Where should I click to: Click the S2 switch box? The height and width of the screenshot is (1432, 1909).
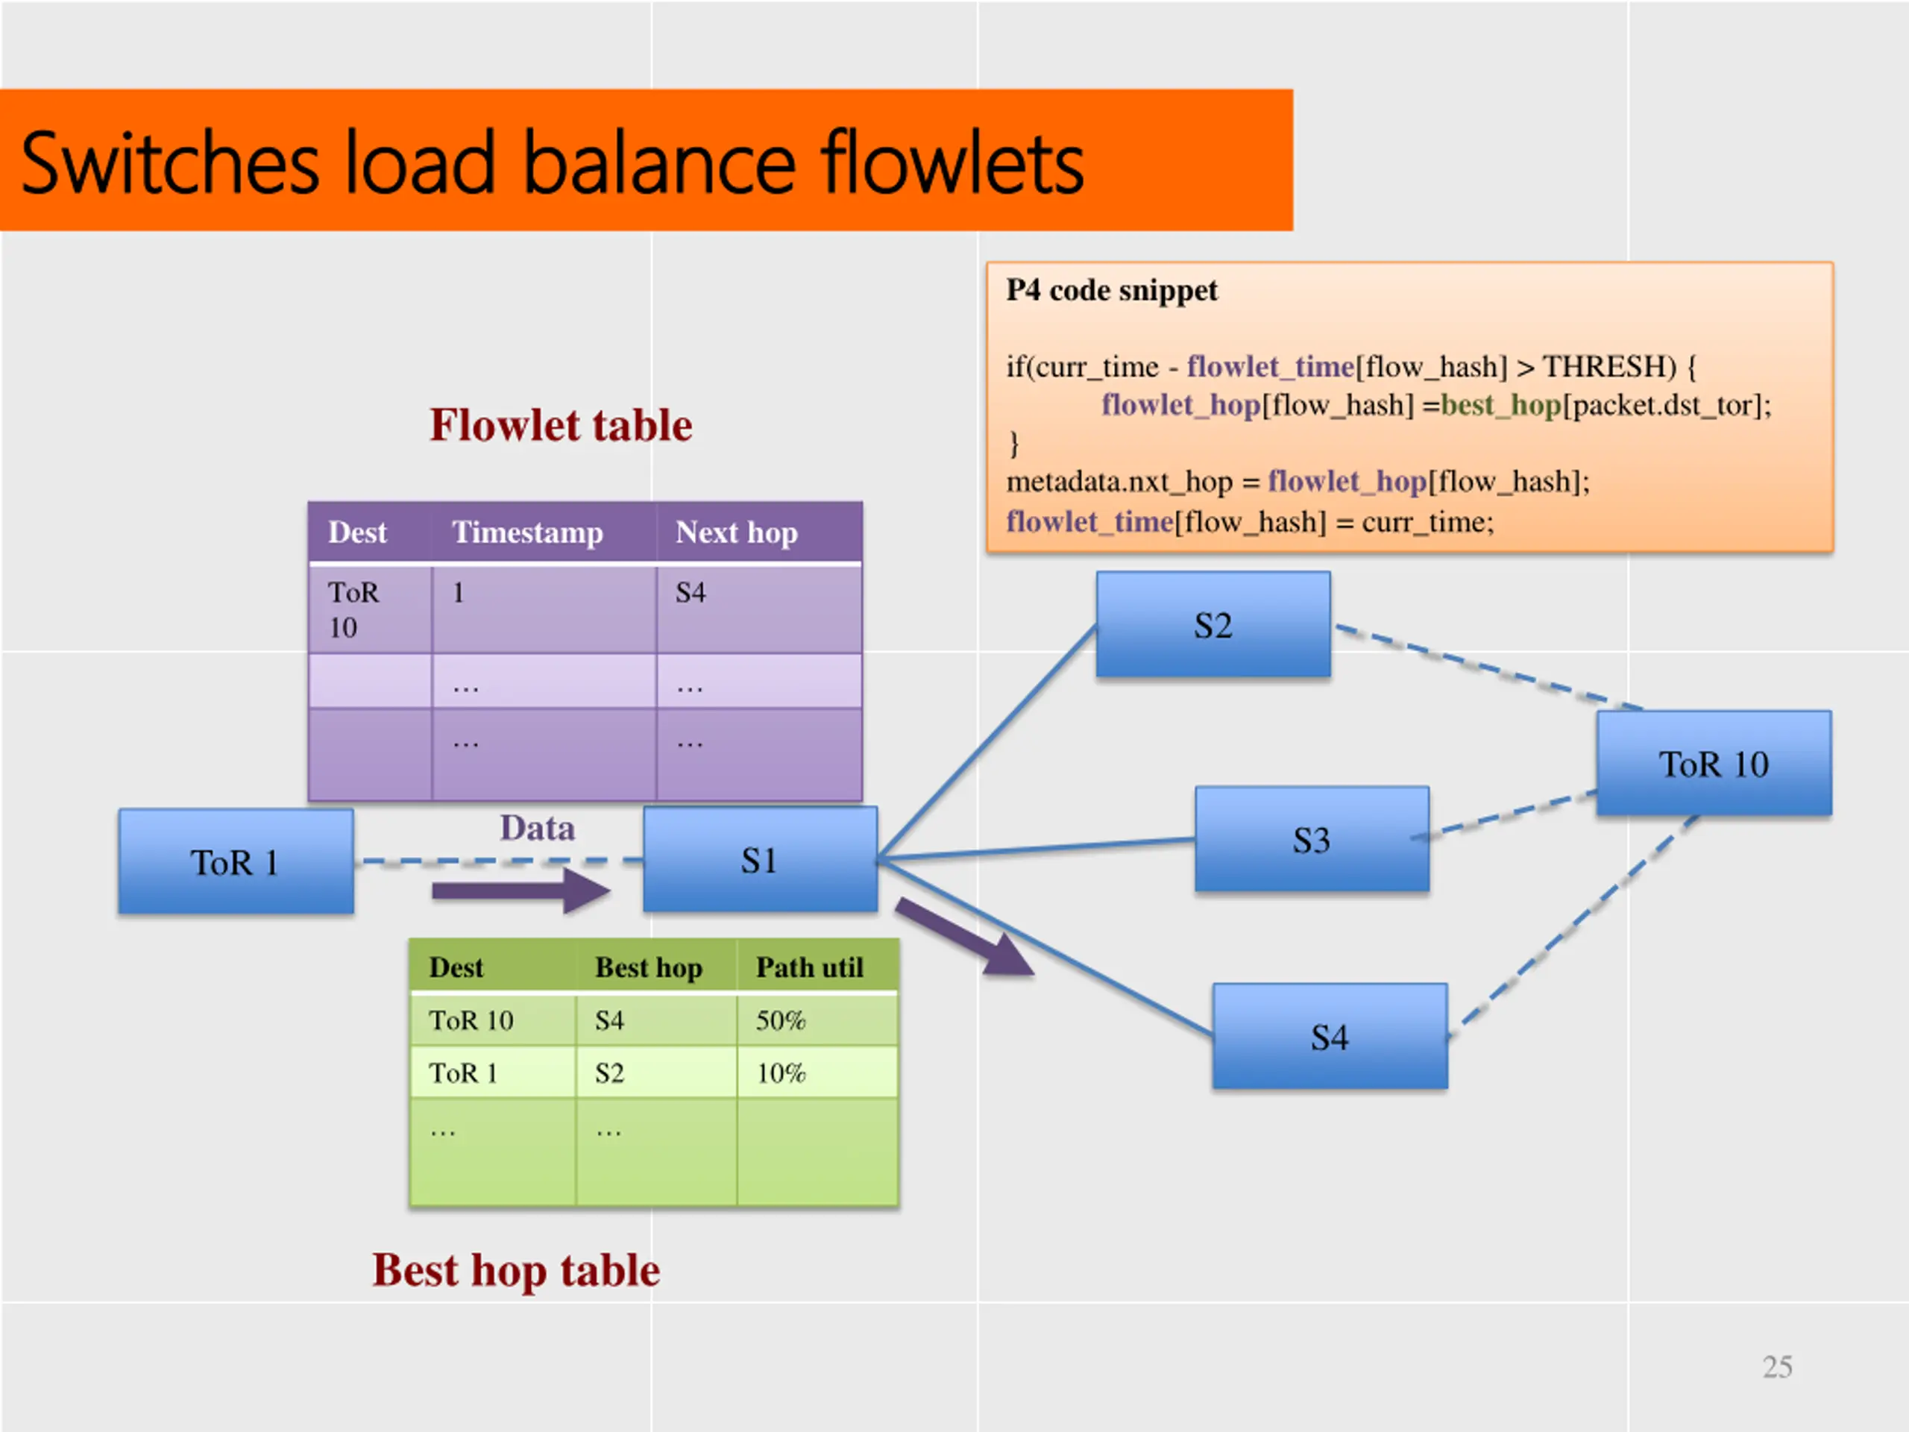point(1213,625)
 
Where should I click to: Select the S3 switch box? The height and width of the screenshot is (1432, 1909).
point(1312,839)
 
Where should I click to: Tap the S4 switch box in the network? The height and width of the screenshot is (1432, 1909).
point(1330,1036)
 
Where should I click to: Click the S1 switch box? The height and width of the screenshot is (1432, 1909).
point(759,860)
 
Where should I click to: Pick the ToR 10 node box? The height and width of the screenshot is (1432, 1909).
point(1713,764)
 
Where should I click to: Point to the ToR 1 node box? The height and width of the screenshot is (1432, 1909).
point(236,861)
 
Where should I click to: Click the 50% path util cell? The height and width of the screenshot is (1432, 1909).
point(781,1020)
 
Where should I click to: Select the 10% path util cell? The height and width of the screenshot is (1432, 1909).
point(781,1073)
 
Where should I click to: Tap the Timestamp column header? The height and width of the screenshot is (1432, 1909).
point(527,533)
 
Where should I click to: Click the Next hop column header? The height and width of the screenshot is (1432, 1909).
point(736,533)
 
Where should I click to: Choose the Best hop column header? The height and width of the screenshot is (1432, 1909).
point(648,967)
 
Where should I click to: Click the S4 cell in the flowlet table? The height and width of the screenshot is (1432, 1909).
point(691,593)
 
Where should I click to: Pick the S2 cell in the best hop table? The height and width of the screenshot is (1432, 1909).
point(609,1073)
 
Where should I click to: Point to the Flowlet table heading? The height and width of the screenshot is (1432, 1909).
point(561,426)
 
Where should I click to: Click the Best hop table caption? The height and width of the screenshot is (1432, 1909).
point(516,1271)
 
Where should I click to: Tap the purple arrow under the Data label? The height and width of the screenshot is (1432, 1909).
point(521,891)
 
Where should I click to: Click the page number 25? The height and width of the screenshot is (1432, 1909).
point(1777,1367)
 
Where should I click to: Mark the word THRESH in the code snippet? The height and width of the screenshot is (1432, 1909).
point(1609,367)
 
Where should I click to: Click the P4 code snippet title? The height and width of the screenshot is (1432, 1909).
point(1112,291)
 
